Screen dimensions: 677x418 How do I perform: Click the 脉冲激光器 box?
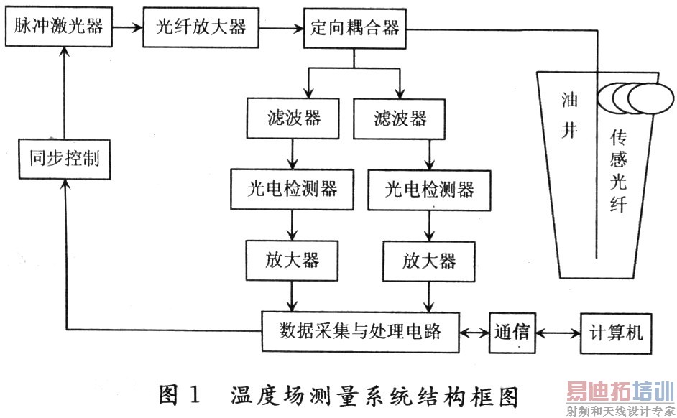pos(59,27)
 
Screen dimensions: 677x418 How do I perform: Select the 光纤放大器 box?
pos(201,27)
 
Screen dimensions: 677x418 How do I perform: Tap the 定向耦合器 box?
pos(355,28)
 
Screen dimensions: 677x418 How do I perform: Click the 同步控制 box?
pos(65,159)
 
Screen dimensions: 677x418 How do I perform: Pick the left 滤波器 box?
pos(293,119)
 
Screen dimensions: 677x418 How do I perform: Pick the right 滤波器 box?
pos(400,119)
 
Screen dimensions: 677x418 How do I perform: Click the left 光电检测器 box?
pos(293,190)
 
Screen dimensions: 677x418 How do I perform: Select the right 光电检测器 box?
pos(429,190)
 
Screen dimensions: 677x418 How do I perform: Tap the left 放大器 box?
pos(292,261)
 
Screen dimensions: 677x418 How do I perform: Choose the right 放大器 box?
pos(429,261)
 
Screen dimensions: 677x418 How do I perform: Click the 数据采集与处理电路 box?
pos(361,332)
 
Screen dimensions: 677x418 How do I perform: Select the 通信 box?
pos(512,333)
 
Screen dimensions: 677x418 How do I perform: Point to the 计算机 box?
pos(616,334)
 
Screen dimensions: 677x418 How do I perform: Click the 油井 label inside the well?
pos(569,115)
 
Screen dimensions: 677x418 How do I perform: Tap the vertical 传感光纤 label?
pos(619,171)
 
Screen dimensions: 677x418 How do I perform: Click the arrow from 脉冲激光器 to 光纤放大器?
pos(128,27)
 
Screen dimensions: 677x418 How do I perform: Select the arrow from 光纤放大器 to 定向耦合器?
pos(282,29)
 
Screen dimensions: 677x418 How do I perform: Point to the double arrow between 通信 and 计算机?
pos(558,333)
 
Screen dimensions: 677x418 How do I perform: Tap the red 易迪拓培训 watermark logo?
pos(620,391)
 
